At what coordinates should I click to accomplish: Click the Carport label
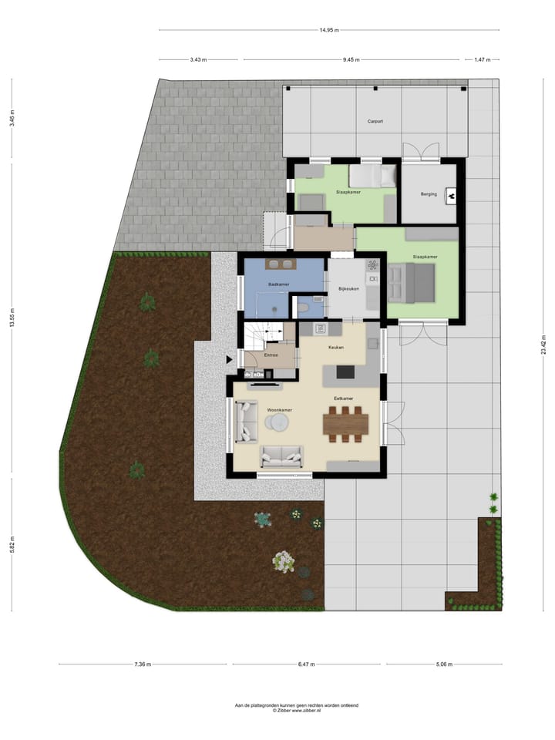click(375, 121)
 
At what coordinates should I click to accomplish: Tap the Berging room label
click(429, 194)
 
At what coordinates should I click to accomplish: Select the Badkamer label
click(277, 284)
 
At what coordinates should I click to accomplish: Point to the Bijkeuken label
click(349, 290)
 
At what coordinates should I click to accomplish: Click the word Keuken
click(335, 348)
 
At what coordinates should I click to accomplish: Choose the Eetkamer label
click(343, 398)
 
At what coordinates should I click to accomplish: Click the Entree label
click(271, 355)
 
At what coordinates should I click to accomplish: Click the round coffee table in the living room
click(277, 422)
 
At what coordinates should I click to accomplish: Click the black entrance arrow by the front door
click(229, 359)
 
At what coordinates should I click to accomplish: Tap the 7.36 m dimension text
click(143, 664)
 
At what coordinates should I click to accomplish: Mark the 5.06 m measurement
click(444, 664)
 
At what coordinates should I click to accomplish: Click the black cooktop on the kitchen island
click(344, 373)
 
